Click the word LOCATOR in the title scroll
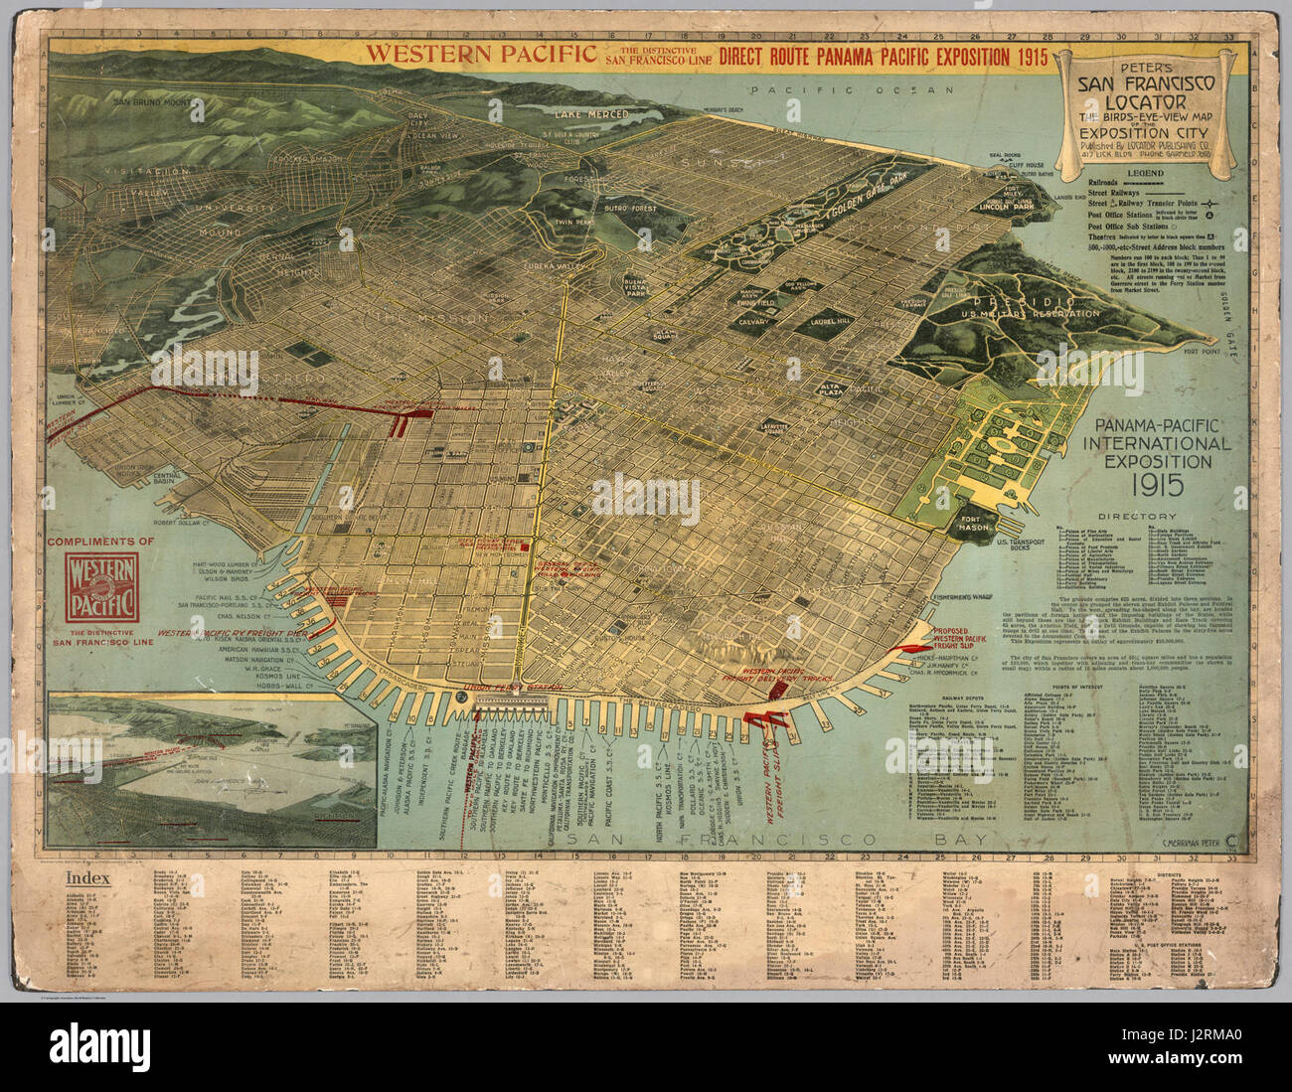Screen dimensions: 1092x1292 [x=1148, y=101]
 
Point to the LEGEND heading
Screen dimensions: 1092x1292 [x=1150, y=171]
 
